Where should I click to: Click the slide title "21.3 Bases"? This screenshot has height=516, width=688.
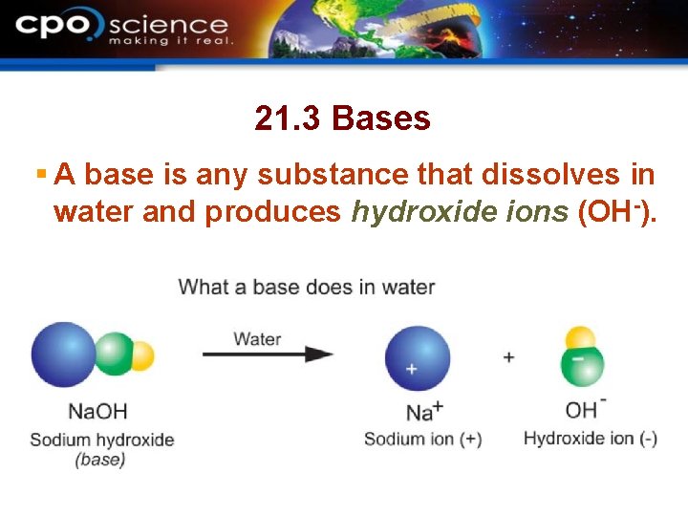coord(342,118)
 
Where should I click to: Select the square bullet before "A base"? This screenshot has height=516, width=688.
coord(40,175)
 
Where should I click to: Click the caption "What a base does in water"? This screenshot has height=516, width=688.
coord(306,287)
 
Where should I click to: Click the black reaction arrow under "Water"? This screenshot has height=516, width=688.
coord(268,355)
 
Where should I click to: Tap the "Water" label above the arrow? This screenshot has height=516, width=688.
coord(257,337)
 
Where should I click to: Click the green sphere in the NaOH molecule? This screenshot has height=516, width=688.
coord(115,355)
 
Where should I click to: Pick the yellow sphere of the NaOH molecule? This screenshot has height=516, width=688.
coord(141,355)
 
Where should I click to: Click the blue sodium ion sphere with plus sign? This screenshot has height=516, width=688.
coord(417,359)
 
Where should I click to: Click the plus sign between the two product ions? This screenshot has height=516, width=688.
coord(508,357)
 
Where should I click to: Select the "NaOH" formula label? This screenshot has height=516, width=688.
coord(97,412)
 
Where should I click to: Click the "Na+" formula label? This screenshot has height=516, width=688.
coord(424,412)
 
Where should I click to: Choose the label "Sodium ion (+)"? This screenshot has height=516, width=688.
coord(422,440)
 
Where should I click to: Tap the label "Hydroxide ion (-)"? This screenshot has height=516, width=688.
coord(590,439)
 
